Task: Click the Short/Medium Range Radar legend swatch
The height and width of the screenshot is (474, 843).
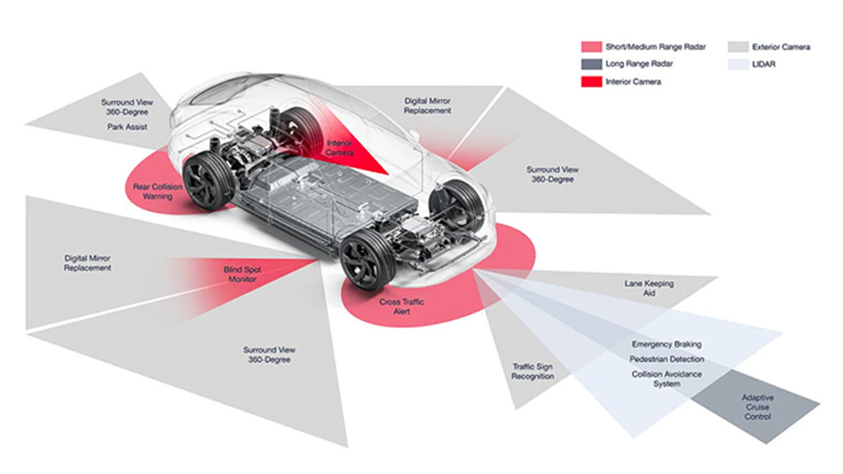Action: [x=592, y=47]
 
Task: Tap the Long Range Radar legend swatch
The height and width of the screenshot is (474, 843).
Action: [x=592, y=64]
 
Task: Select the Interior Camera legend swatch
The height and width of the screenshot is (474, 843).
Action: [x=592, y=82]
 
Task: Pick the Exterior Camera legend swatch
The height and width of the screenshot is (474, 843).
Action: [x=739, y=47]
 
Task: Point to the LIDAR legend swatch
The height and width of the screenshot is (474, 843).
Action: [x=739, y=64]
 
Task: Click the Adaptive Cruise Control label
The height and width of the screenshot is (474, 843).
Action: [x=757, y=406]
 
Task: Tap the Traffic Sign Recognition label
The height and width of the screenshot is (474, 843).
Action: [x=533, y=371]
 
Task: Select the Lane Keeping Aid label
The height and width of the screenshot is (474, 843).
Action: [x=649, y=288]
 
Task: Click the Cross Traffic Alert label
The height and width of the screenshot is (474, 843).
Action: [x=402, y=306]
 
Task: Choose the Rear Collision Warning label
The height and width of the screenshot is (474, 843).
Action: [x=153, y=191]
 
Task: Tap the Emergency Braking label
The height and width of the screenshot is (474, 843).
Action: [x=666, y=345]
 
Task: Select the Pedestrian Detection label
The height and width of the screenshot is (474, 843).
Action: [x=666, y=360]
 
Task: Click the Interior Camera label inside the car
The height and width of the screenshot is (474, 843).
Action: [x=340, y=147]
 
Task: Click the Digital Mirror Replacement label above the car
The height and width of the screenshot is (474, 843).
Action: [x=428, y=106]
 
